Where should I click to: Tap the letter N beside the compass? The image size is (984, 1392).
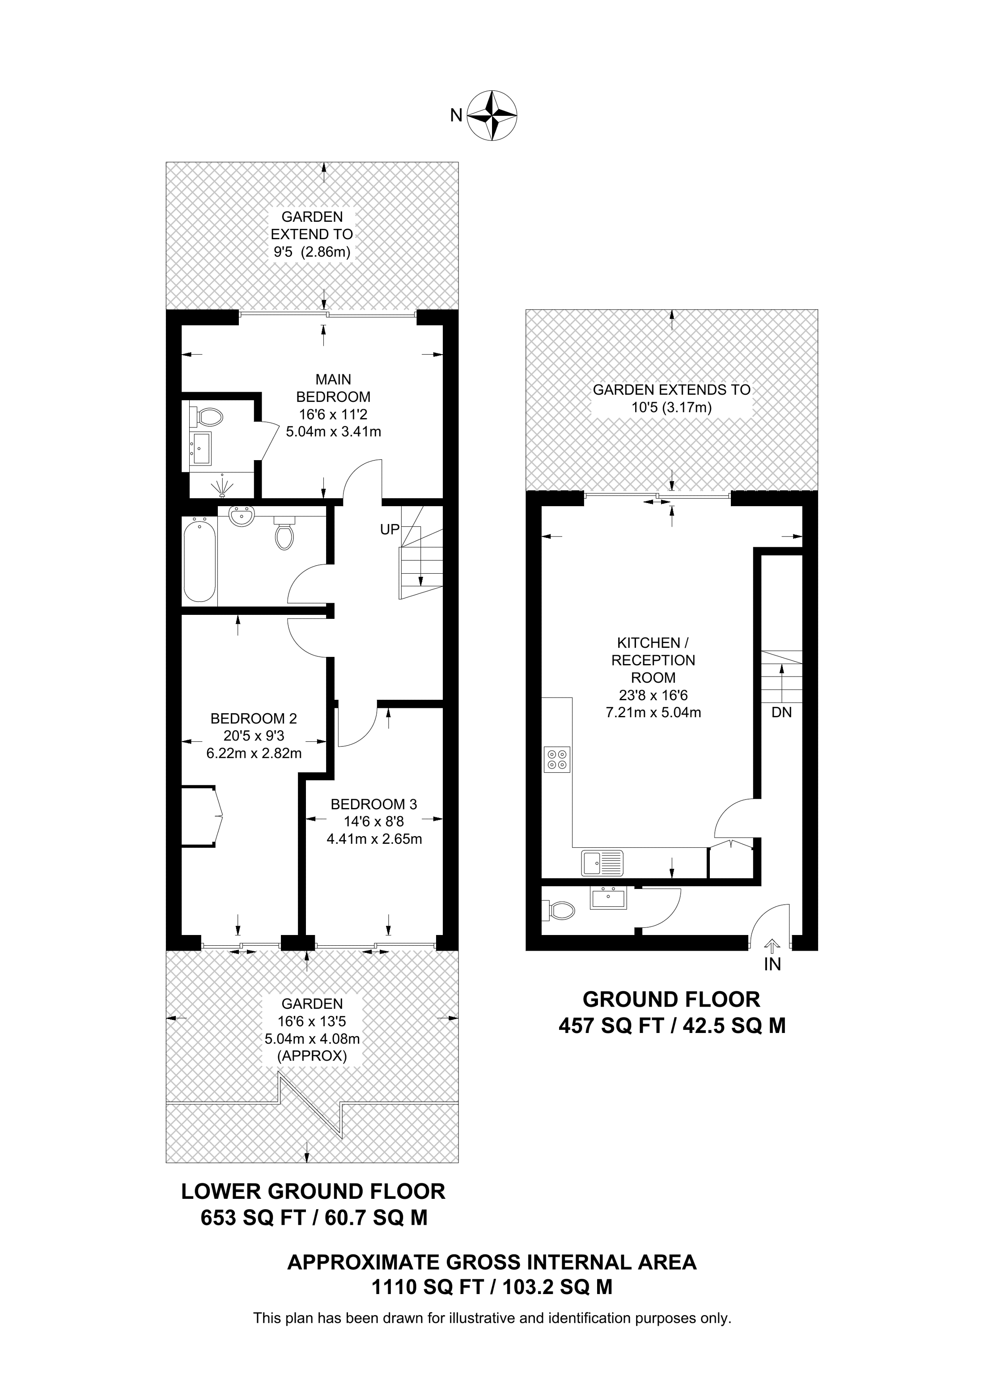[456, 115]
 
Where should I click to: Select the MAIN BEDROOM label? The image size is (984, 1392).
[333, 388]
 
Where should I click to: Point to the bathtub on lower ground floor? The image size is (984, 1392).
[199, 558]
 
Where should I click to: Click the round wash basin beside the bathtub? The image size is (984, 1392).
[242, 517]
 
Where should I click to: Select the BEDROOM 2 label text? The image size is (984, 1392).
[254, 719]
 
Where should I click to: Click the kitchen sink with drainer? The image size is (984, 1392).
[602, 862]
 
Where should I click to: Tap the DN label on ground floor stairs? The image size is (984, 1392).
[781, 712]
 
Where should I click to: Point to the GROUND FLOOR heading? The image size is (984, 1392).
[671, 999]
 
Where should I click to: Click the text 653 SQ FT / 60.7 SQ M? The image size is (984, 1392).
[314, 1218]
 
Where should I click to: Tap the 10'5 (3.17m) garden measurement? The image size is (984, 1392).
[671, 407]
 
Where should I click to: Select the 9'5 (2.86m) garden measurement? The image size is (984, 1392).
[312, 252]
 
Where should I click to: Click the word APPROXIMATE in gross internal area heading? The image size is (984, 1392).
[363, 1262]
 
